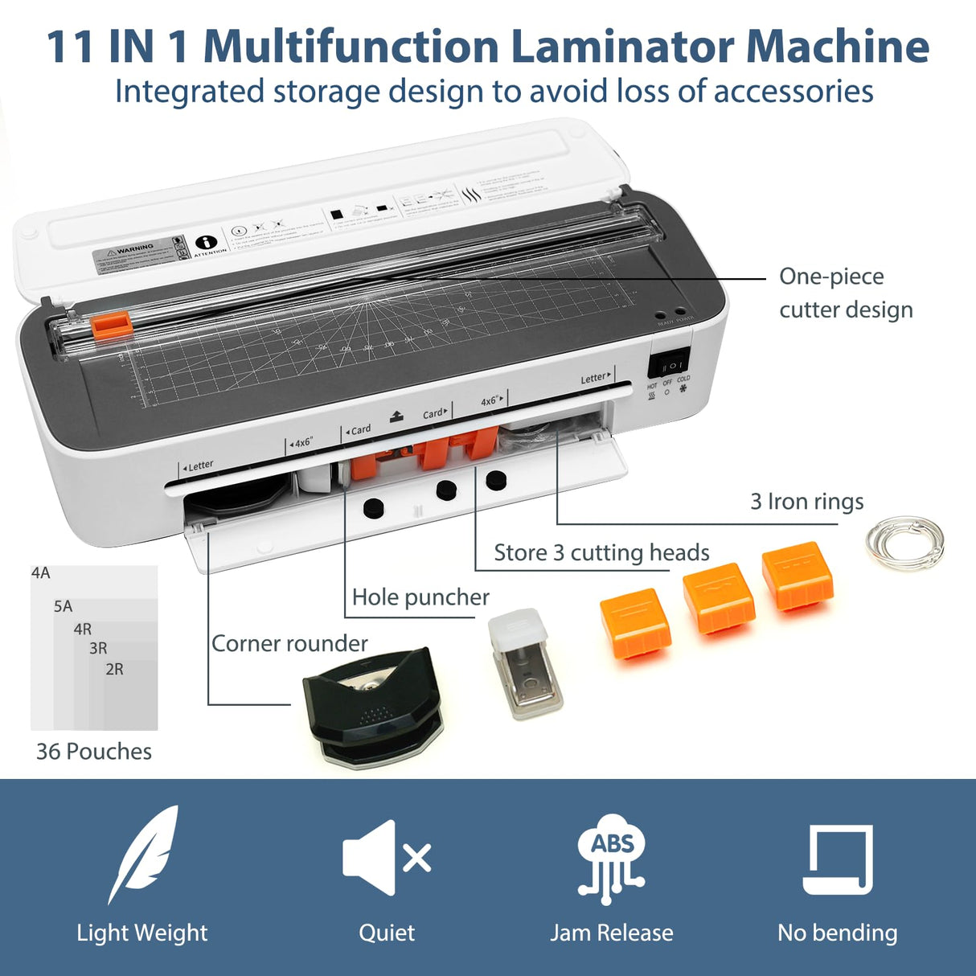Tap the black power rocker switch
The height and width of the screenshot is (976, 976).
point(669,365)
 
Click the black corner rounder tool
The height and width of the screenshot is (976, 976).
point(371,707)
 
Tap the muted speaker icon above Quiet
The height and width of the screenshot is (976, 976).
point(387,857)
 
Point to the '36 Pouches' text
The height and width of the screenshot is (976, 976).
point(94,752)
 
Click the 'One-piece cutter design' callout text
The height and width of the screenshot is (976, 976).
point(845,293)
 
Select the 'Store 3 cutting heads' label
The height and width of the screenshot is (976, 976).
point(601,553)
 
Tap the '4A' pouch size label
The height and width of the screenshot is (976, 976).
point(41,573)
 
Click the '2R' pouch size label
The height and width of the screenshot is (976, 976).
point(114,669)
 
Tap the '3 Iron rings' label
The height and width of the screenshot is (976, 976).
point(806,502)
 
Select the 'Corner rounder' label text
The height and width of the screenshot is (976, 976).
point(289,643)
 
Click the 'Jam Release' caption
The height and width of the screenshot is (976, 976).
point(611,933)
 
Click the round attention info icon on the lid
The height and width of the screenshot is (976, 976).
point(207,242)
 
